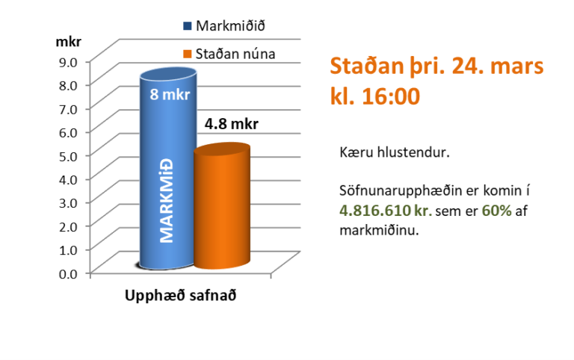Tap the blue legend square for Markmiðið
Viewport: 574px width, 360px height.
point(188,26)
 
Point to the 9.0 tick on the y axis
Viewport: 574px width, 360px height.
point(69,61)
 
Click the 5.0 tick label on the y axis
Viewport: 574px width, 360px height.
point(69,155)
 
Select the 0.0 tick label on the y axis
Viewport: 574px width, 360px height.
point(69,273)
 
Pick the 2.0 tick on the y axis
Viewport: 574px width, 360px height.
point(69,226)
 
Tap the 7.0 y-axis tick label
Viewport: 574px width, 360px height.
point(69,108)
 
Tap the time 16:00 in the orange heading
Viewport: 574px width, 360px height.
point(390,96)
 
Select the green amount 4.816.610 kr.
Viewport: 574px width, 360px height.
point(385,211)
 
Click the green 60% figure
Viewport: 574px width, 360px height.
point(496,211)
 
